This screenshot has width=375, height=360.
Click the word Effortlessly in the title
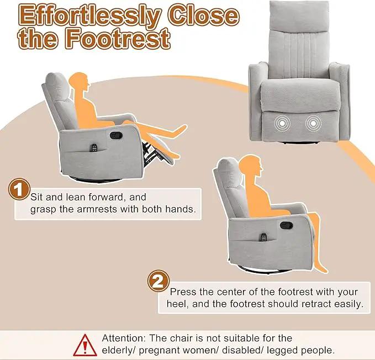tap(90, 16)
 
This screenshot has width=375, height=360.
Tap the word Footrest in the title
tap(118, 38)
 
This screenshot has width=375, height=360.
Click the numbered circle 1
tap(19, 189)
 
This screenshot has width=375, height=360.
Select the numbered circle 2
tap(159, 281)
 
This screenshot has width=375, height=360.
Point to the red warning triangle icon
tap(85, 346)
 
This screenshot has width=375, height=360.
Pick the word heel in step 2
tap(177, 304)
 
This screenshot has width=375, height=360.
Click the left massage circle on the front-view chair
tap(282, 123)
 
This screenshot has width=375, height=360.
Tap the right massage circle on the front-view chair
tap(313, 123)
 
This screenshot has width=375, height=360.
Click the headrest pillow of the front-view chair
tap(299, 16)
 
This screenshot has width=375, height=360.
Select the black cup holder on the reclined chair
tap(116, 135)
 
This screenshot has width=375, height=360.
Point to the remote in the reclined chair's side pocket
tap(94, 148)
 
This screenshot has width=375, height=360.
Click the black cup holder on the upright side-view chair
tap(287, 225)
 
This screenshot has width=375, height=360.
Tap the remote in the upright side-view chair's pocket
tap(264, 237)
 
